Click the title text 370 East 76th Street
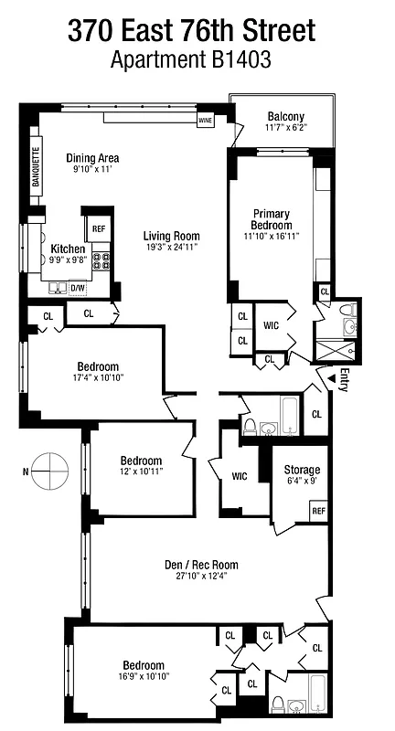[191, 32]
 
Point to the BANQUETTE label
[37, 167]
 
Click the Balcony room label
[285, 117]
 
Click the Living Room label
[172, 235]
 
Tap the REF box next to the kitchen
[98, 228]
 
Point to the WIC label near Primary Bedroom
[271, 324]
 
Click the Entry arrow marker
[320, 376]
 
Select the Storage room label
[301, 469]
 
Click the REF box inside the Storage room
[318, 511]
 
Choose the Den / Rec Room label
[195, 564]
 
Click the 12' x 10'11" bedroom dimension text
[141, 472]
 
